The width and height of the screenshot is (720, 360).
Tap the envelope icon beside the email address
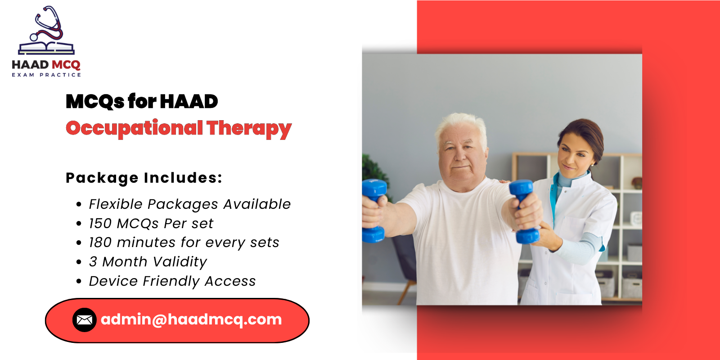[84, 320]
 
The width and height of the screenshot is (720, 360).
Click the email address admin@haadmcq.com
[191, 319]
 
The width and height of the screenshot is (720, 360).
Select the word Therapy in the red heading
[249, 129]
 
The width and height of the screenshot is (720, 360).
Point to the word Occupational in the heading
[134, 129]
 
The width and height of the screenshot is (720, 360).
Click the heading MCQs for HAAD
[142, 101]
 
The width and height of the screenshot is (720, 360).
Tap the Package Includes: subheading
[144, 178]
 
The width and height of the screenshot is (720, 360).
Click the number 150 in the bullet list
[100, 224]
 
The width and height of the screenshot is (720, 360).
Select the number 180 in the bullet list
[100, 243]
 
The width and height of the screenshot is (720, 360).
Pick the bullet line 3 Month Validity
[148, 262]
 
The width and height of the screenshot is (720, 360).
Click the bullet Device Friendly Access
[172, 281]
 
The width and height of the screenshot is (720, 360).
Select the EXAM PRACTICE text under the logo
[46, 75]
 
